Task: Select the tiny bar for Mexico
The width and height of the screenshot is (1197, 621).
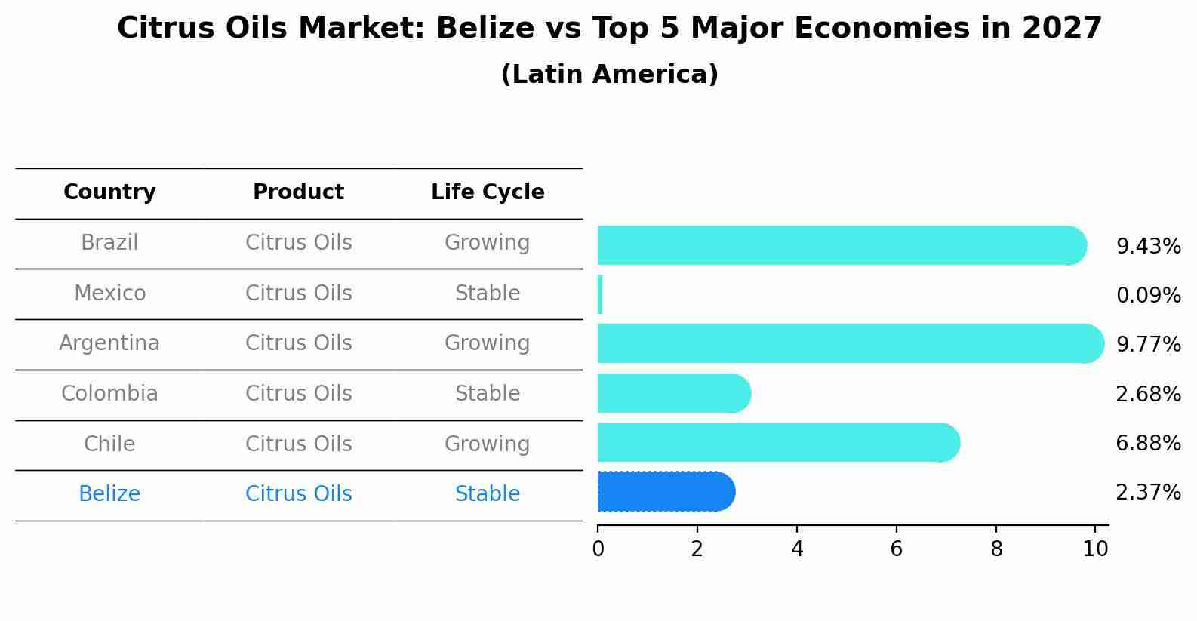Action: pyautogui.click(x=600, y=294)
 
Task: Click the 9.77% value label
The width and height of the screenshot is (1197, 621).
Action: pyautogui.click(x=1148, y=345)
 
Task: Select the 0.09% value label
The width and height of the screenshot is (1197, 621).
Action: pyautogui.click(x=1148, y=296)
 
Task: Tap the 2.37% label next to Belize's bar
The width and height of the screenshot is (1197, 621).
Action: pyautogui.click(x=1148, y=493)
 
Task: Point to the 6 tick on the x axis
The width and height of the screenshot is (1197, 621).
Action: pyautogui.click(x=896, y=549)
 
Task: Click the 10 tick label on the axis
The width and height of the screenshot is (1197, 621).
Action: pyautogui.click(x=1095, y=549)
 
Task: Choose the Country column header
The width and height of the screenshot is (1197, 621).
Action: pyautogui.click(x=109, y=192)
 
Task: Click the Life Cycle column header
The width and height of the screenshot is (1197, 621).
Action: pyautogui.click(x=488, y=192)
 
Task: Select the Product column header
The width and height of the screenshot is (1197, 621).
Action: pyautogui.click(x=298, y=192)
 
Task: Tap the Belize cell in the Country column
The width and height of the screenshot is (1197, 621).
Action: pyautogui.click(x=109, y=494)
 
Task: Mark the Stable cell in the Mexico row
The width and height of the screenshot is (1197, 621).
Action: pyautogui.click(x=488, y=294)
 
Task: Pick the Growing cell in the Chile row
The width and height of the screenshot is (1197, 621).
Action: pyautogui.click(x=488, y=444)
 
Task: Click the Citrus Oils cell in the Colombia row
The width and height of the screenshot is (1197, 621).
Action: pyautogui.click(x=298, y=394)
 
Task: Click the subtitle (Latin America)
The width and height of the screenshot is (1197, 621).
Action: pyautogui.click(x=609, y=75)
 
